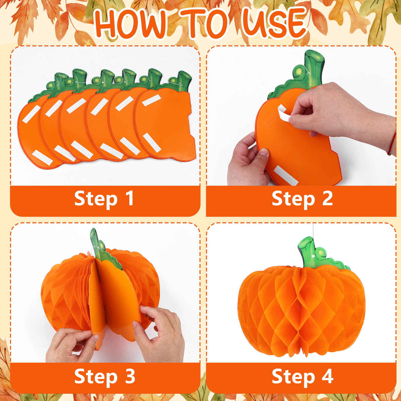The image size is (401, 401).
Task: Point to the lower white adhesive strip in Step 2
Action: pyautogui.click(x=285, y=175)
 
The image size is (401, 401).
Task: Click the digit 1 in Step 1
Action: pyautogui.click(x=130, y=198)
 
